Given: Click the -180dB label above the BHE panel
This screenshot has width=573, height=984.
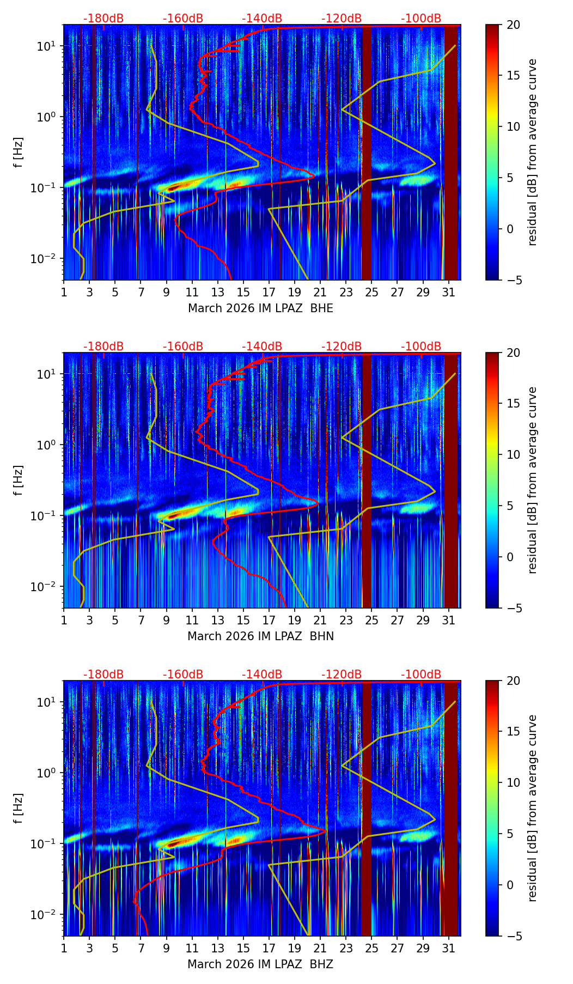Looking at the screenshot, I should click(x=103, y=19).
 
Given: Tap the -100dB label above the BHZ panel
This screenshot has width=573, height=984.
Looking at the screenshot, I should click(x=421, y=675).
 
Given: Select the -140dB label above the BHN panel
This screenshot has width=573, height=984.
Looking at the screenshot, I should click(x=262, y=347).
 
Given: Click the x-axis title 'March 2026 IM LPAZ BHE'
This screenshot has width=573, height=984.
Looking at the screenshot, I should click(x=260, y=308).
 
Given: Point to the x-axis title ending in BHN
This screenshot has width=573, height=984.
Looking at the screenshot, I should click(x=260, y=636).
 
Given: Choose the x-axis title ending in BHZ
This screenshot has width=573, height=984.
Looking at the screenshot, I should click(x=260, y=964).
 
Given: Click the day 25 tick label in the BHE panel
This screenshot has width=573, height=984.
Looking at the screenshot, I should click(x=371, y=293).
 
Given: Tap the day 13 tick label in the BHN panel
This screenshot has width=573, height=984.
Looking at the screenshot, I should click(x=218, y=621).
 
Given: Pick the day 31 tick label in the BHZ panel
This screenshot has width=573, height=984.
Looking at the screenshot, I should click(x=448, y=949).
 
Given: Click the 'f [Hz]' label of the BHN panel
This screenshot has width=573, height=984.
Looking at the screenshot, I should click(x=19, y=480).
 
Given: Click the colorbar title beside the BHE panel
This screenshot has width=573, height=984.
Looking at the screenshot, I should click(x=532, y=152).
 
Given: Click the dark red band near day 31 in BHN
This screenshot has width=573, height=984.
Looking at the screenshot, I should click(x=451, y=479).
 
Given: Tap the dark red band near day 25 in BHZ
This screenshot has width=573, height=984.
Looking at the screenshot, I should click(x=367, y=806).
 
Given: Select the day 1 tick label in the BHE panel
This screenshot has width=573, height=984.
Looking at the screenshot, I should click(x=64, y=293).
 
